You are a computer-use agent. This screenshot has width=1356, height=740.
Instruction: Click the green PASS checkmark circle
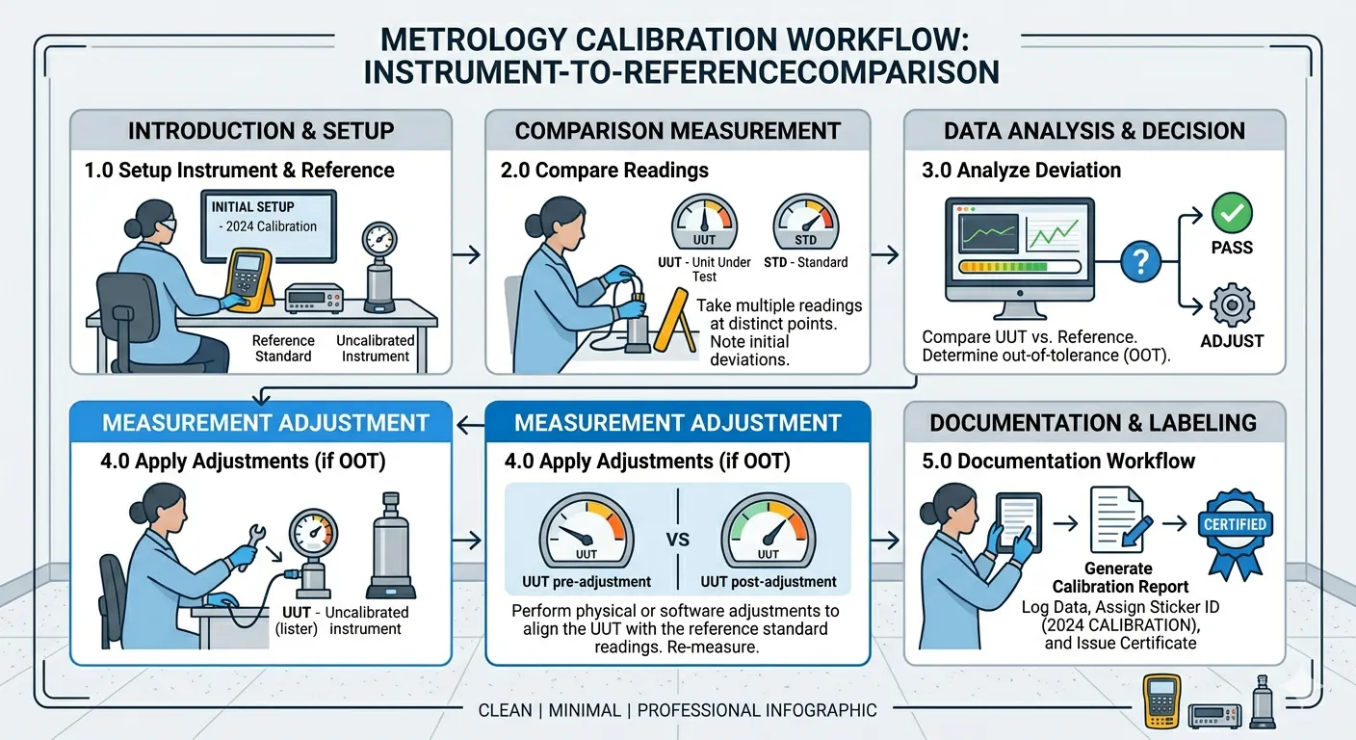pyautogui.click(x=1232, y=213)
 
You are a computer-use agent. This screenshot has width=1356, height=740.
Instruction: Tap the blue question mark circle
pyautogui.click(x=1140, y=262)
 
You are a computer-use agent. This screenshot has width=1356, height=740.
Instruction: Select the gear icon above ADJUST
pyautogui.click(x=1232, y=304)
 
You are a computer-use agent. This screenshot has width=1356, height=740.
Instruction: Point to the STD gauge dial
pyautogui.click(x=806, y=222)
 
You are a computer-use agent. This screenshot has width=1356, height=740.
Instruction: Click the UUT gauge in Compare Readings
pyautogui.click(x=704, y=222)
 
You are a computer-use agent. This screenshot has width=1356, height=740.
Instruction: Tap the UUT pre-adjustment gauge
pyautogui.click(x=586, y=531)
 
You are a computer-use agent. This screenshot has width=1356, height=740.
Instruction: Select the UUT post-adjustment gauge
pyautogui.click(x=769, y=531)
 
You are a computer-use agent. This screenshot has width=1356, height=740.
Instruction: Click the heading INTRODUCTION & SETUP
pyautogui.click(x=261, y=131)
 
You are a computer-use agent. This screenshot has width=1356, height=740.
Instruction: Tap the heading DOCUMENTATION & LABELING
pyautogui.click(x=1093, y=423)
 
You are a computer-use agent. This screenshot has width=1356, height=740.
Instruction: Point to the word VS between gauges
pyautogui.click(x=677, y=539)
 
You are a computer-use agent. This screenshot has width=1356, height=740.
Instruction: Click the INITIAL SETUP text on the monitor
pyautogui.click(x=252, y=206)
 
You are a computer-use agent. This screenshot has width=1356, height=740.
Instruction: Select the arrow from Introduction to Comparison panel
pyautogui.click(x=466, y=255)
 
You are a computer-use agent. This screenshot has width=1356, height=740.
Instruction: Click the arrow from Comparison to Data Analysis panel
pyautogui.click(x=885, y=255)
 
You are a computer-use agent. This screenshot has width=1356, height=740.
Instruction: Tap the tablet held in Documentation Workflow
pyautogui.click(x=1019, y=522)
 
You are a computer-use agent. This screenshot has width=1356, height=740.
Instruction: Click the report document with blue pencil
pyautogui.click(x=1120, y=519)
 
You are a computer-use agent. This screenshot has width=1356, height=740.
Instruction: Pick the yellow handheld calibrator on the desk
pyautogui.click(x=248, y=279)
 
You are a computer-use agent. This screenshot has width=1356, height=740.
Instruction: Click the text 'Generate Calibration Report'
pyautogui.click(x=1120, y=578)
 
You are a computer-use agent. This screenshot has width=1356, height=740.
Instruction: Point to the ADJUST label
pyautogui.click(x=1232, y=341)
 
